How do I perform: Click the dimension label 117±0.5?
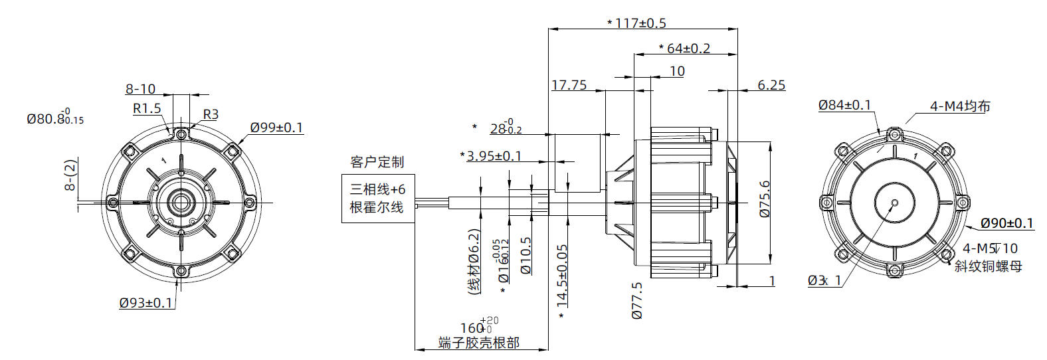click(x=640, y=23)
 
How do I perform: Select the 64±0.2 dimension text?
click(x=687, y=48)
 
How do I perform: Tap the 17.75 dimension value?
click(x=569, y=85)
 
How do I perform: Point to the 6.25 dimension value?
click(x=771, y=85)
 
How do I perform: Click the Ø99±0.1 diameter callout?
click(x=276, y=127)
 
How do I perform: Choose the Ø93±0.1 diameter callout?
click(x=146, y=303)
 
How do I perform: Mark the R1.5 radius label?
click(x=147, y=108)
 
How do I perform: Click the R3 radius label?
click(x=211, y=114)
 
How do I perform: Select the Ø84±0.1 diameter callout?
click(x=844, y=105)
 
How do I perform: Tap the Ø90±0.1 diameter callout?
click(x=1007, y=223)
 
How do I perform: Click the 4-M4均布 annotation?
click(x=960, y=106)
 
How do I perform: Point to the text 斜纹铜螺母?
click(x=988, y=266)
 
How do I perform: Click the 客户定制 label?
click(x=377, y=162)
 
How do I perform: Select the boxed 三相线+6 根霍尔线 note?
click(x=377, y=198)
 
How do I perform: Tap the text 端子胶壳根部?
click(x=478, y=343)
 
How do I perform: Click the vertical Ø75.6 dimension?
click(x=765, y=199)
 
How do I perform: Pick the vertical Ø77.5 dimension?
click(x=637, y=300)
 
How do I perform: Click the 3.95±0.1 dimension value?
click(x=494, y=156)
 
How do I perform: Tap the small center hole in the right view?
click(x=894, y=202)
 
